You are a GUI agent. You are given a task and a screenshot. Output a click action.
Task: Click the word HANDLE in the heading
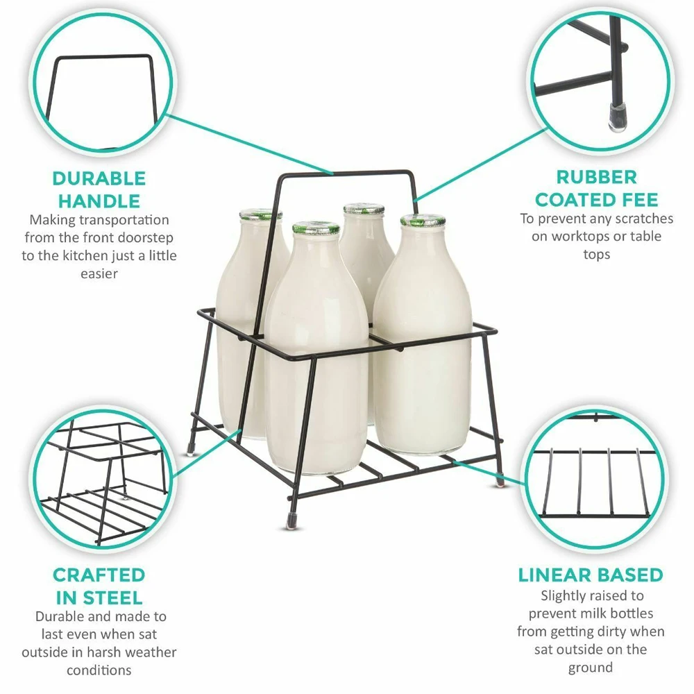click(x=99, y=201)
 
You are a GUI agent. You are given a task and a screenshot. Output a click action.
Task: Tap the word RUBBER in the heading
click(x=596, y=177)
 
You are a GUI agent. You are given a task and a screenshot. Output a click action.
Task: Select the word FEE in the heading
click(x=635, y=200)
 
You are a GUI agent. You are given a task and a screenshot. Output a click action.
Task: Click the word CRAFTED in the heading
click(x=99, y=575)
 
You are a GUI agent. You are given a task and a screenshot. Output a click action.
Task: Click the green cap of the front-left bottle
click(x=315, y=228)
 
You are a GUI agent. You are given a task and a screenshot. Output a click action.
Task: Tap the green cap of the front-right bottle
click(x=423, y=220)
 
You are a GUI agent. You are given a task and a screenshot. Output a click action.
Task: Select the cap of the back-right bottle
click(x=364, y=208)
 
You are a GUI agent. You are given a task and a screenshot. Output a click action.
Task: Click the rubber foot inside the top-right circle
click(x=615, y=118)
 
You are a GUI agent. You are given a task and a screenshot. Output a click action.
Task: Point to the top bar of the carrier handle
click(x=347, y=171)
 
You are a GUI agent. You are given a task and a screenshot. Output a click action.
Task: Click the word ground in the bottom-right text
click(x=591, y=668)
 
